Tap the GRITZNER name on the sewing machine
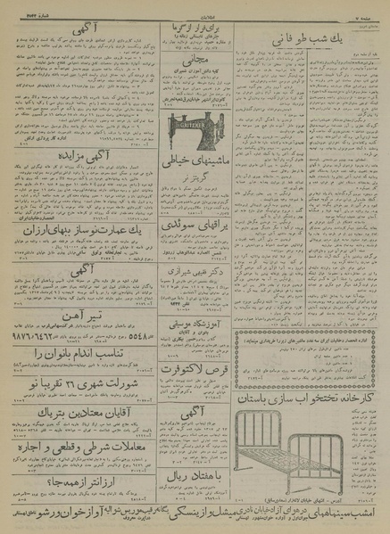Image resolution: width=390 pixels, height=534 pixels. (x=191, y=125)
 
